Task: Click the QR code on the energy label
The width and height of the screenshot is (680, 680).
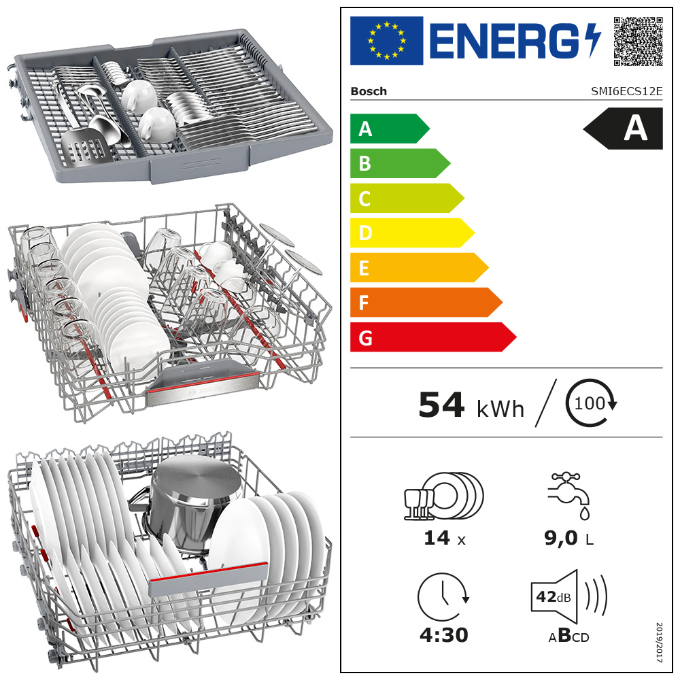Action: click(638, 41)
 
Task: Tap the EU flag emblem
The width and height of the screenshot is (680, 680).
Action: click(386, 41)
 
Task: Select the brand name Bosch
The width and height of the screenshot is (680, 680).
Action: click(369, 92)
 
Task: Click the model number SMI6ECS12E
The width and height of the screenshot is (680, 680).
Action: click(627, 91)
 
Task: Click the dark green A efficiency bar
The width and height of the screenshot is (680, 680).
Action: click(390, 129)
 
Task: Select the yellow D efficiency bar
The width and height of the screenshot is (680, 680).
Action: click(412, 233)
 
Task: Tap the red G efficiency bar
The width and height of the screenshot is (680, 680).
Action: click(432, 337)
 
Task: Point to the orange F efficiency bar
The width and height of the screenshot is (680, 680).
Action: click(426, 303)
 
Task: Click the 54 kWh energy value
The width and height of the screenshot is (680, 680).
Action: click(471, 405)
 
